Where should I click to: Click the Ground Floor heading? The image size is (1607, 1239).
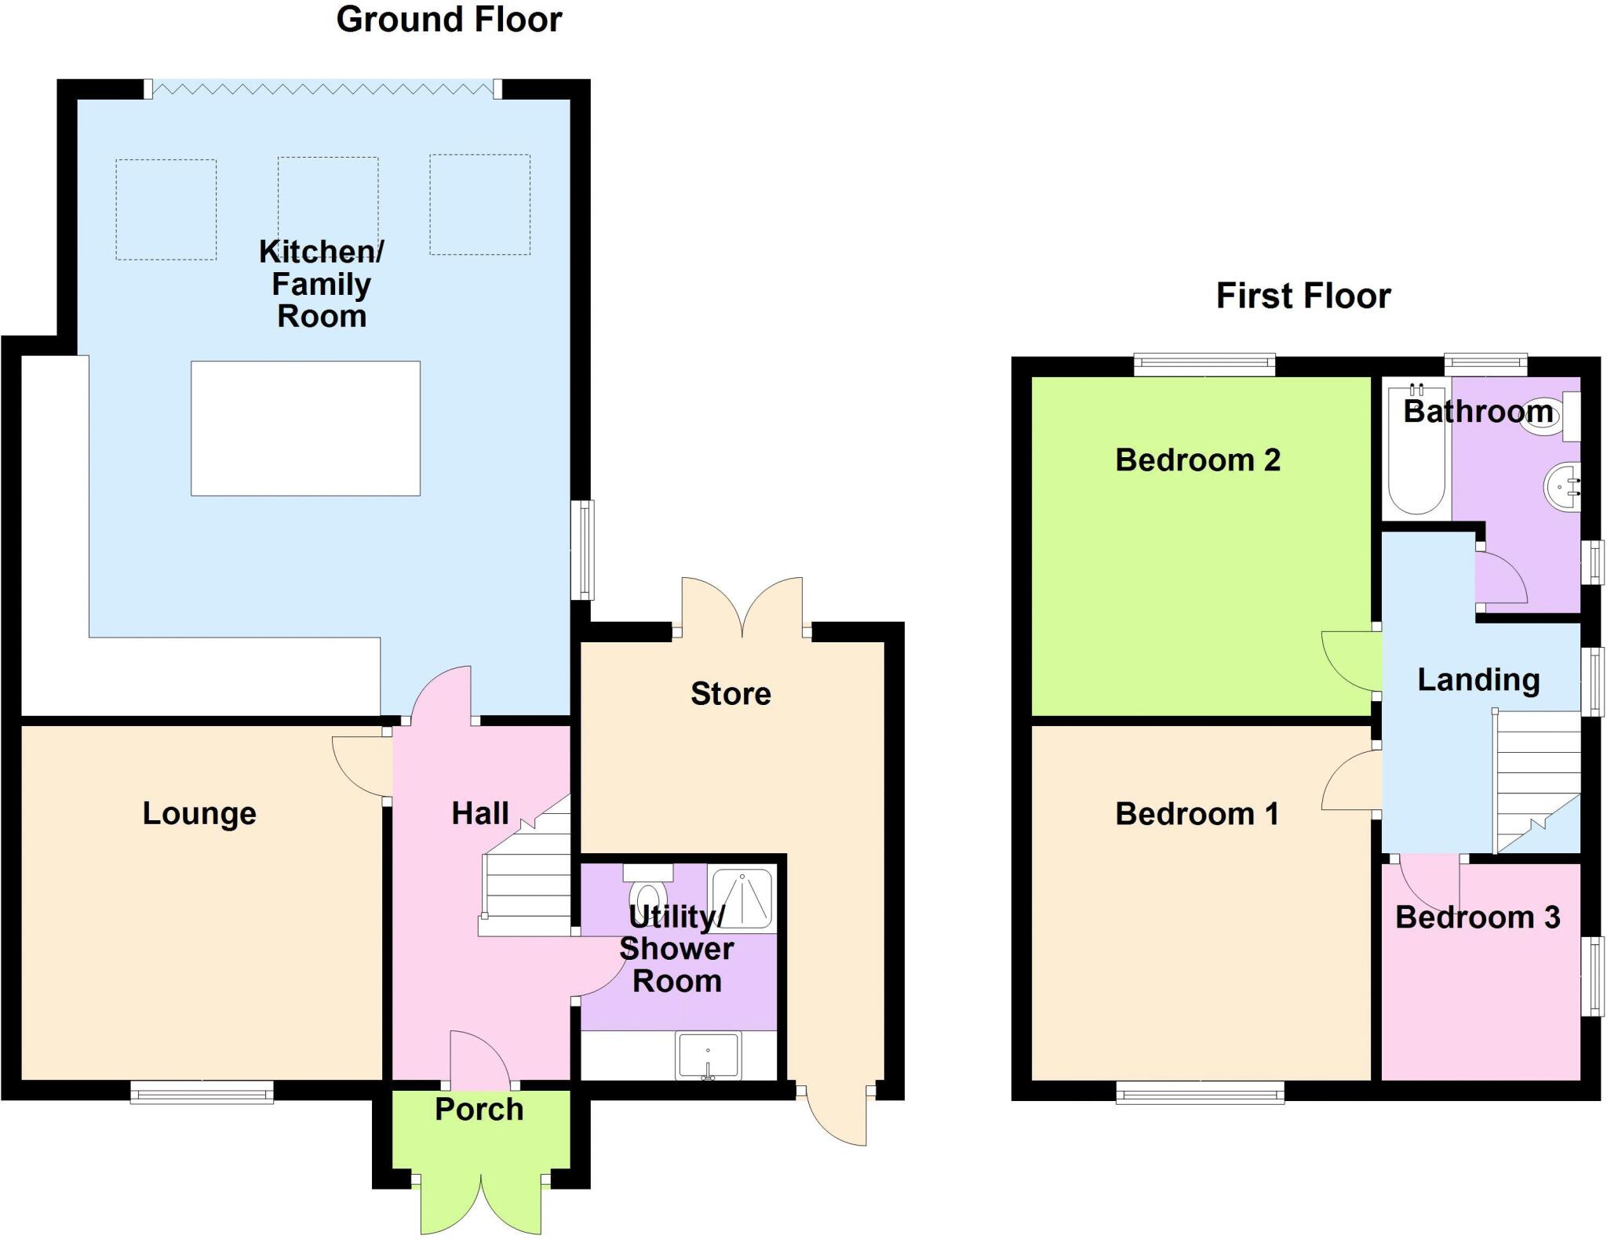coord(449,20)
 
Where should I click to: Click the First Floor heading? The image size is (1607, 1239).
coord(1303,296)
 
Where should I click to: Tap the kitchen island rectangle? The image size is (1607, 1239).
coord(305,428)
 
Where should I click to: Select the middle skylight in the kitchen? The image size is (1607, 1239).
coord(328,207)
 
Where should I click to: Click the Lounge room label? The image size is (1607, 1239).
coord(199,813)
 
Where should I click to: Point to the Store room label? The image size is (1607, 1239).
coord(731,693)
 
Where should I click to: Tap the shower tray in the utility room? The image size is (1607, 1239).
coord(742,897)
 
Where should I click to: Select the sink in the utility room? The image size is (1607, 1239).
coord(708,1056)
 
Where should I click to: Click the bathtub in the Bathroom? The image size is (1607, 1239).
coord(1416,452)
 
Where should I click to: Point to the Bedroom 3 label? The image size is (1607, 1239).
coord(1478,917)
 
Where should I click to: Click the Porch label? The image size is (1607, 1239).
coord(479,1110)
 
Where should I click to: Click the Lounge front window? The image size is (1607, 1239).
coord(202,1092)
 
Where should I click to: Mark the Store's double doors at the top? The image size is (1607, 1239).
coord(742,608)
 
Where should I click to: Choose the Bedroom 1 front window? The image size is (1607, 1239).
coord(1200,1092)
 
